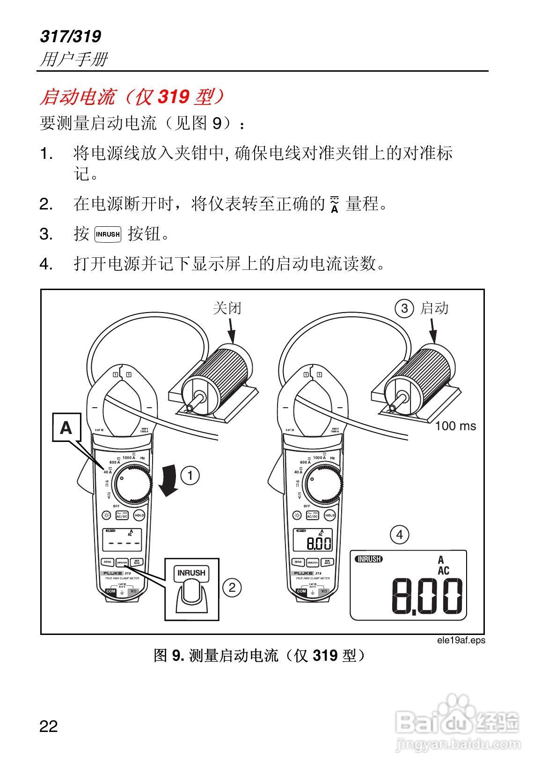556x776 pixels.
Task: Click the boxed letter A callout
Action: click(x=66, y=427)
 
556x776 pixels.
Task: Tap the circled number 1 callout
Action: click(x=190, y=476)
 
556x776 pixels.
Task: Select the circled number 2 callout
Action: click(x=232, y=587)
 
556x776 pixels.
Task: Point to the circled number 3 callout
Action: click(x=404, y=308)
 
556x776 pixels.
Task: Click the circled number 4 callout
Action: click(x=399, y=534)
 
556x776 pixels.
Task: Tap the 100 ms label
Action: click(x=455, y=426)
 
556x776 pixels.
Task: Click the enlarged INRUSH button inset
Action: click(x=191, y=589)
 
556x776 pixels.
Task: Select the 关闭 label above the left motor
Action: click(x=227, y=308)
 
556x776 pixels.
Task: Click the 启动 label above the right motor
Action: click(x=435, y=308)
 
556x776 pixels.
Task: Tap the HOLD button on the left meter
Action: click(x=139, y=515)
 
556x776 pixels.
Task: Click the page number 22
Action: click(x=49, y=726)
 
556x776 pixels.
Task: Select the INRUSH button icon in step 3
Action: click(x=108, y=233)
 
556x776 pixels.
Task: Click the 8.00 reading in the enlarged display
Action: click(x=427, y=596)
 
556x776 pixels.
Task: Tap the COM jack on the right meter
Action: click(x=301, y=591)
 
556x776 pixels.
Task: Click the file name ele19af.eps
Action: click(x=461, y=640)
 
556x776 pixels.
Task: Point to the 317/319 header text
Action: click(x=70, y=37)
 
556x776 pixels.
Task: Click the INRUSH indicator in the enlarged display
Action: click(x=369, y=559)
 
